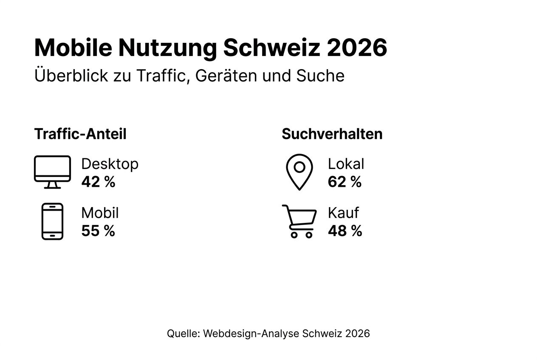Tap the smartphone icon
[x=52, y=221]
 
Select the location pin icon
[x=299, y=172]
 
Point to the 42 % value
[x=98, y=182]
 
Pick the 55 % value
[x=98, y=231]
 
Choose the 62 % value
[x=345, y=182]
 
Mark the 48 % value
[x=345, y=231]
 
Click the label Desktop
[x=110, y=164]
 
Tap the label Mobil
[x=100, y=213]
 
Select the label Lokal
[x=346, y=164]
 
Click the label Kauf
[x=343, y=213]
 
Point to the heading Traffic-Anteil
[x=80, y=134]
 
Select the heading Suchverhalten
[x=332, y=134]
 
